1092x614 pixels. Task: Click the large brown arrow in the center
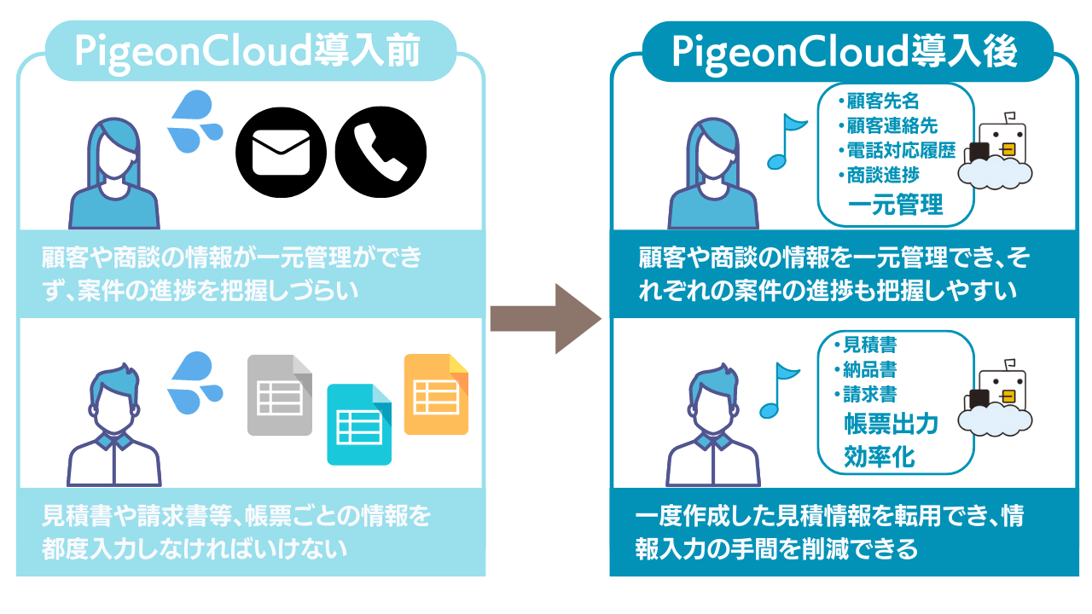(546, 318)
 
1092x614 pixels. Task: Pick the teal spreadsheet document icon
(359, 424)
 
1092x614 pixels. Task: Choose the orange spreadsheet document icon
(436, 393)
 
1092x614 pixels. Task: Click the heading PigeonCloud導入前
(247, 53)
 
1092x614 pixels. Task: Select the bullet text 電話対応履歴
(900, 149)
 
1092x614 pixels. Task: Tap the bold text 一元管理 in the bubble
(895, 205)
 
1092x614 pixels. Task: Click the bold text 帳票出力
(891, 424)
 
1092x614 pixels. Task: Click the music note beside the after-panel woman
(786, 141)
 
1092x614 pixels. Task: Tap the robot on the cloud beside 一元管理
(996, 153)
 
